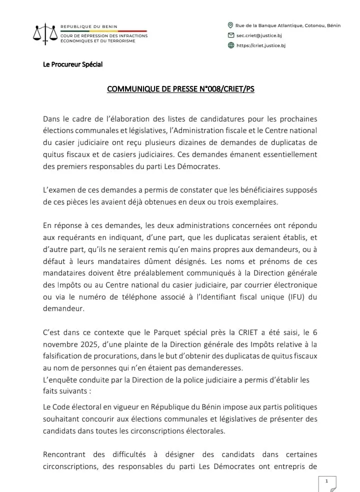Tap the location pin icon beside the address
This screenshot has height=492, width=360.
point(230,25)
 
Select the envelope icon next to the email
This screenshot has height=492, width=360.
point(230,35)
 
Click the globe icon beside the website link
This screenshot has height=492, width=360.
point(230,45)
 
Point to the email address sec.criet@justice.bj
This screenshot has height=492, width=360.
point(258,35)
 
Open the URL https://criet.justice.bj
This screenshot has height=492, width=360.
point(260,45)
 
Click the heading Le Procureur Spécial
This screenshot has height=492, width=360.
point(73,64)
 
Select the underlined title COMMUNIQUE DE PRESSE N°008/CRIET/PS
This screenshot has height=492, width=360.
point(180,89)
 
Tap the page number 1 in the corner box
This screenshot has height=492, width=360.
point(326,480)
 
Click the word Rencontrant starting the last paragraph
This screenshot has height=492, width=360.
point(66,454)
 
